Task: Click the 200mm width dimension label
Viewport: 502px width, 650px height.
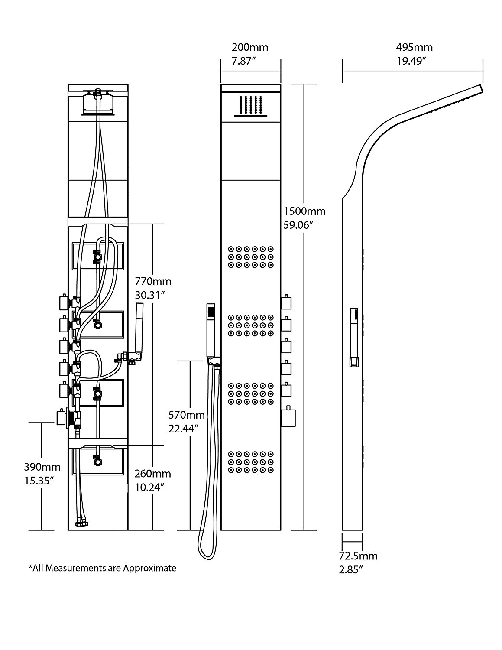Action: click(x=249, y=47)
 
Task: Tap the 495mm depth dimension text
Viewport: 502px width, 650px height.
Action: click(x=414, y=47)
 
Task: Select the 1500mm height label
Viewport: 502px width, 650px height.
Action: click(x=304, y=212)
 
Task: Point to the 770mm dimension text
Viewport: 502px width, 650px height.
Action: click(x=153, y=282)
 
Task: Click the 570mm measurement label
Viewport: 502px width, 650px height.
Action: click(x=186, y=415)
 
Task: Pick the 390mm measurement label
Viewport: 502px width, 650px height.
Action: click(x=42, y=468)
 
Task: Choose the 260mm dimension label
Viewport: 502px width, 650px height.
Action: click(x=152, y=474)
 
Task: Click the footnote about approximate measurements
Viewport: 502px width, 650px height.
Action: click(x=102, y=568)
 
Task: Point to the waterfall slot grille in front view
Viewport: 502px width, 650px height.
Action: click(x=250, y=105)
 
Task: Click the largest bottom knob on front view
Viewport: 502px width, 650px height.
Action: click(x=288, y=417)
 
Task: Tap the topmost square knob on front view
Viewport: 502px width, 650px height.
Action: click(x=286, y=301)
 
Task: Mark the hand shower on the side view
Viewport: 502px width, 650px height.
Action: click(x=354, y=338)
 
